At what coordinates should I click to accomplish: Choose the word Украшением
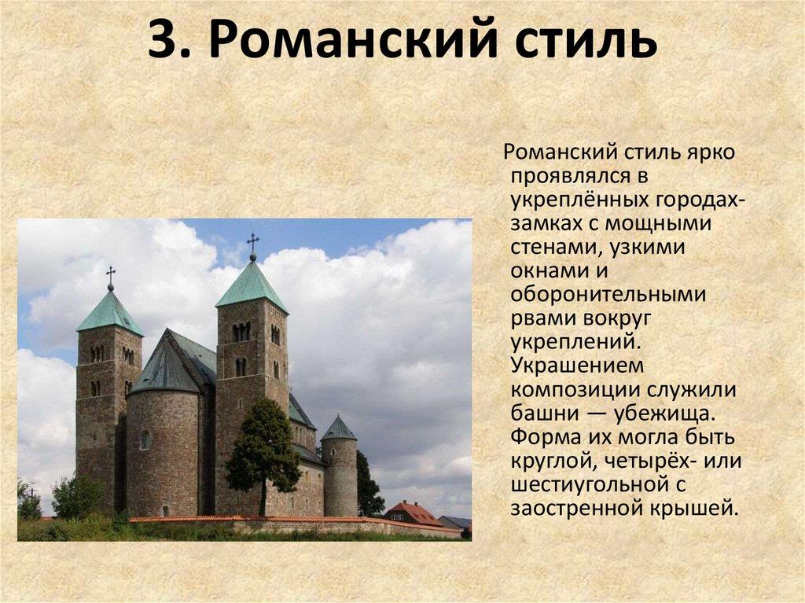[x=577, y=366]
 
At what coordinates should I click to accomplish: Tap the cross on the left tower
[x=111, y=277]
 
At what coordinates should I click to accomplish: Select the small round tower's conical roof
[x=339, y=429]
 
